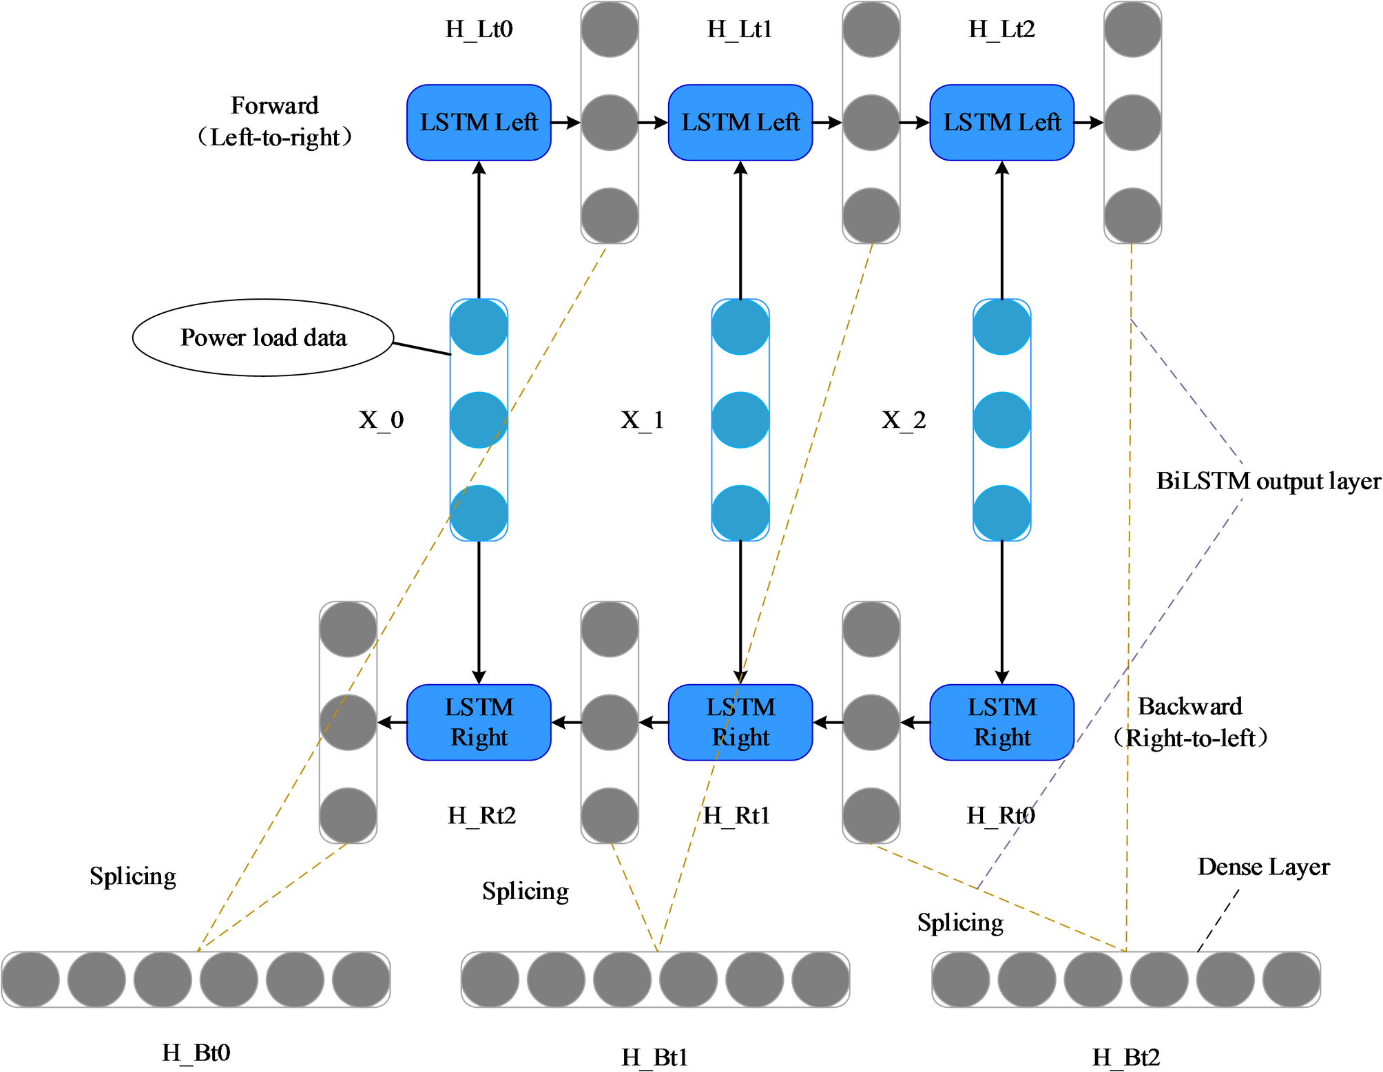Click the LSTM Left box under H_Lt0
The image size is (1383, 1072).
[479, 123]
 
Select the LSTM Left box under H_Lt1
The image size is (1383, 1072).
[740, 123]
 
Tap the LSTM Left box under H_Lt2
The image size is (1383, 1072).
[1001, 123]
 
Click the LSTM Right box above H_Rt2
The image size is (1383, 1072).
[479, 722]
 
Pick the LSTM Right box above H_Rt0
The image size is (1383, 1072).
[1001, 722]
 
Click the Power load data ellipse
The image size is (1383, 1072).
[263, 338]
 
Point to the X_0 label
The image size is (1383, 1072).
[381, 420]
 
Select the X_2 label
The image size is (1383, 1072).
[904, 420]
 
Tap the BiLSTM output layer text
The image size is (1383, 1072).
[1268, 481]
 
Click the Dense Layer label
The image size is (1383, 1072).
[1263, 867]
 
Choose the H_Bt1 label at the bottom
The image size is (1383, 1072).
[654, 1057]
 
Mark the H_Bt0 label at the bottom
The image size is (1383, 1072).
[196, 1053]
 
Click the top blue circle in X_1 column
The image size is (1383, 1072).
[740, 327]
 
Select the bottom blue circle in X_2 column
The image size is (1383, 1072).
[1001, 513]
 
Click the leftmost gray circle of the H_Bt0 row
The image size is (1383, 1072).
[30, 980]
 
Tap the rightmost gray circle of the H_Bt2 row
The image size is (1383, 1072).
[1291, 980]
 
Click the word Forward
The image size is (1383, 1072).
[274, 105]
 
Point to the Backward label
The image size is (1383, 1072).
[1189, 706]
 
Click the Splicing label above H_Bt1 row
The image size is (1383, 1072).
[525, 891]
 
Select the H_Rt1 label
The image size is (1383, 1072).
[736, 816]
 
